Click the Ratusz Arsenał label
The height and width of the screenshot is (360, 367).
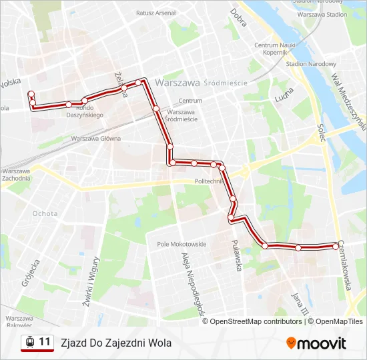(x=155, y=13)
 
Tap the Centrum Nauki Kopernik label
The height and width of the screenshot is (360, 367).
(x=270, y=48)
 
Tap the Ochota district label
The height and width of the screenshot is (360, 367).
(x=45, y=213)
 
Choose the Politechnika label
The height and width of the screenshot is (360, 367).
(x=209, y=181)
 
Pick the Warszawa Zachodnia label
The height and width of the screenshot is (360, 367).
(x=17, y=175)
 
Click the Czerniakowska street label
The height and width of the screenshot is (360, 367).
(x=353, y=266)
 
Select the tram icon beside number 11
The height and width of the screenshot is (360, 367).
(x=29, y=343)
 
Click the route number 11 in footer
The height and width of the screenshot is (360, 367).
(x=45, y=342)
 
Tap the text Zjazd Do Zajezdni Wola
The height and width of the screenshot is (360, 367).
(x=116, y=343)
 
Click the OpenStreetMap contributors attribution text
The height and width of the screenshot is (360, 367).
(x=256, y=321)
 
